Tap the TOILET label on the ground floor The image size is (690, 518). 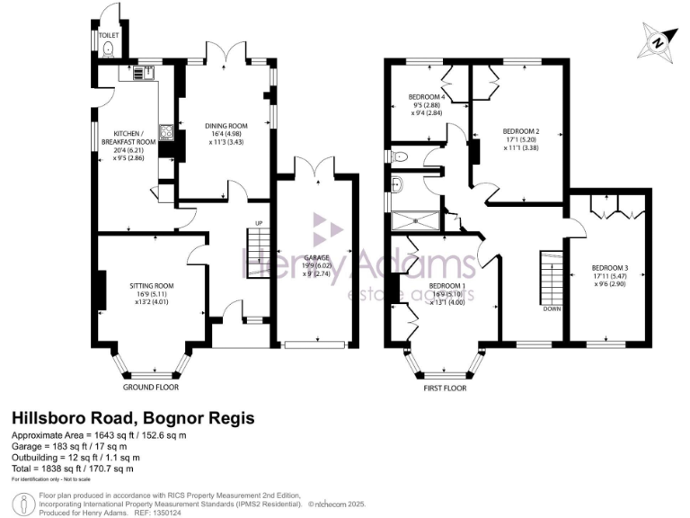pos(108,36)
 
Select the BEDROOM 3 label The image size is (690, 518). pos(609,268)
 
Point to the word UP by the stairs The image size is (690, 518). pos(259,223)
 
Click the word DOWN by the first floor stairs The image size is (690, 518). pos(551,308)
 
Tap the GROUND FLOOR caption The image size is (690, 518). pos(151,387)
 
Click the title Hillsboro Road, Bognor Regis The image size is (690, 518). pos(132,418)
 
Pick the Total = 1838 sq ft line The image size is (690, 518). pos(72,468)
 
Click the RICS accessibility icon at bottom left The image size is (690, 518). pos(19,502)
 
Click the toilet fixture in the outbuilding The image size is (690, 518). pos(110,49)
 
